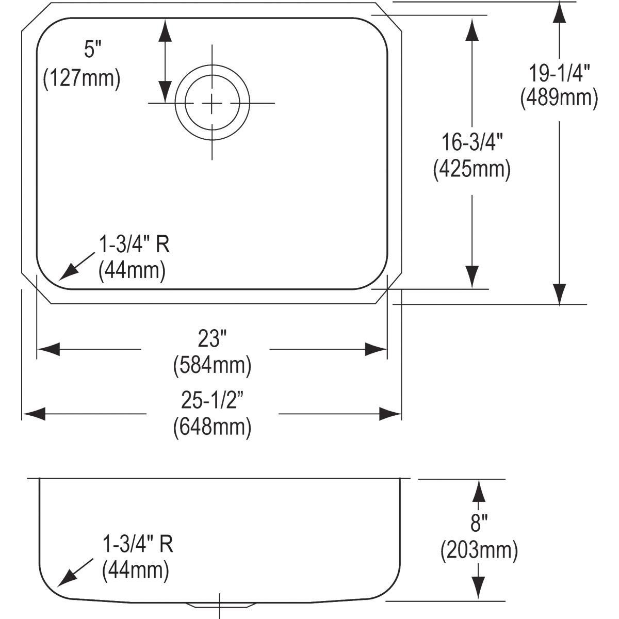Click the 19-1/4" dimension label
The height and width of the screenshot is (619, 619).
(559, 74)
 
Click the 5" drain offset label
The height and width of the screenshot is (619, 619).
(92, 50)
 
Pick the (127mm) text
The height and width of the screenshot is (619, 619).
(82, 78)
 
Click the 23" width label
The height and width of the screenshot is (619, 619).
(213, 339)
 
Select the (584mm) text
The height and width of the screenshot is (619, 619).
(213, 366)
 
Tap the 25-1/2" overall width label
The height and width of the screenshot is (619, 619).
(213, 401)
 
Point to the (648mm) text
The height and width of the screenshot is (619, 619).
(213, 428)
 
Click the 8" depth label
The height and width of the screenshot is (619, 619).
(479, 523)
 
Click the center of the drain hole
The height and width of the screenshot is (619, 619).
(212, 103)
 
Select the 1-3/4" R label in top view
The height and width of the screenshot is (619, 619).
(134, 244)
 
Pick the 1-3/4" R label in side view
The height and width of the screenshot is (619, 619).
(138, 544)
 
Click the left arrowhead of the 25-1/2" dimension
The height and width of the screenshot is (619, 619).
(35, 414)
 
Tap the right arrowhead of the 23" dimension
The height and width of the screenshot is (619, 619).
(376, 349)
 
